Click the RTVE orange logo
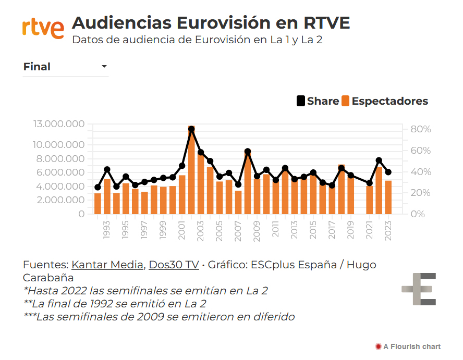tap(43, 28)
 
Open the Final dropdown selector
tap(66, 67)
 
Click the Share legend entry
tap(318, 101)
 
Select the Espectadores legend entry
tap(385, 101)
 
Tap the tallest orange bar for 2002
tap(191, 170)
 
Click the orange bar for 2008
tap(248, 182)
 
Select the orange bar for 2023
tap(388, 197)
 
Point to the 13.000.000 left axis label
tap(58, 124)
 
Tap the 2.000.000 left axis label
tap(61, 200)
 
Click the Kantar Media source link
tap(107, 265)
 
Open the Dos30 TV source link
tap(174, 265)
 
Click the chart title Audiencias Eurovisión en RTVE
tap(211, 23)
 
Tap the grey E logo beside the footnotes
tap(419, 289)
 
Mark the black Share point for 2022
tap(379, 160)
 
